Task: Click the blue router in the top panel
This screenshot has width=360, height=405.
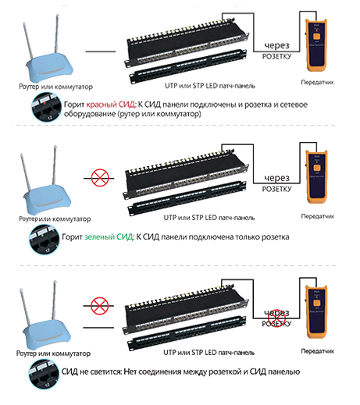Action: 46,66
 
